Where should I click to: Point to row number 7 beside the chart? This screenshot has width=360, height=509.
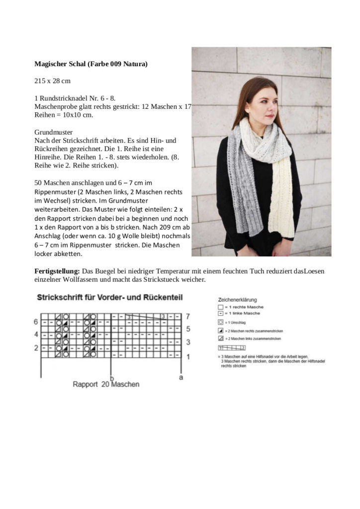click(187, 316)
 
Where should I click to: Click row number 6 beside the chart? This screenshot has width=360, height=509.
click(36, 322)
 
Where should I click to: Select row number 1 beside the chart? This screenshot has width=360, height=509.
click(187, 356)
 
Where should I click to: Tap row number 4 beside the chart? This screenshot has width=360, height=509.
click(36, 335)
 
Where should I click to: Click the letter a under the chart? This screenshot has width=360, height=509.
click(181, 378)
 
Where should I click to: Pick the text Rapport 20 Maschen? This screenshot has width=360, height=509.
click(106, 385)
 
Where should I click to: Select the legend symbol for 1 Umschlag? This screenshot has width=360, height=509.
click(220, 322)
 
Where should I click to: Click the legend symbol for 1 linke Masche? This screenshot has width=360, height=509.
click(220, 314)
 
